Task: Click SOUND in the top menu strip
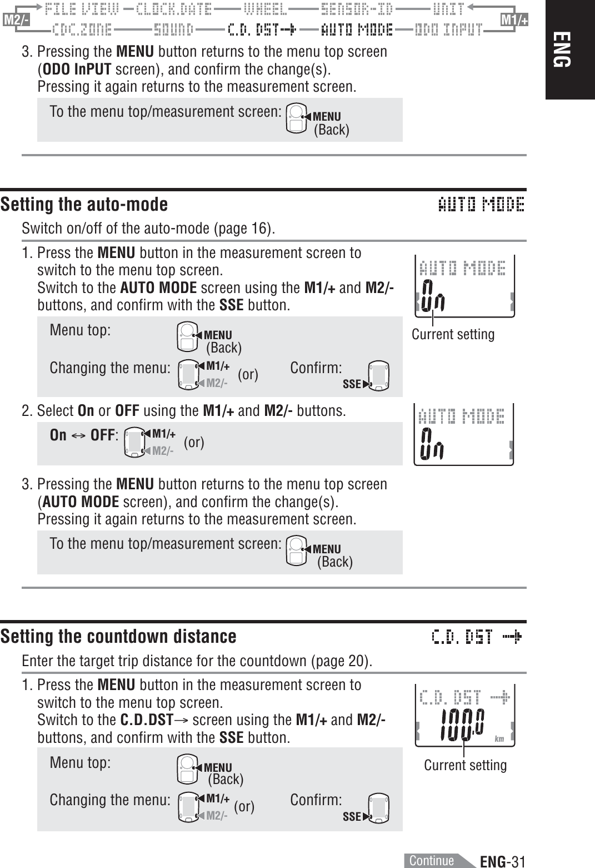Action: click(x=173, y=29)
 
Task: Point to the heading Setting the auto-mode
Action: click(x=84, y=205)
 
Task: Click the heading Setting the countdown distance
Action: click(x=118, y=636)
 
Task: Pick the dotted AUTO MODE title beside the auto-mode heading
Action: click(x=481, y=205)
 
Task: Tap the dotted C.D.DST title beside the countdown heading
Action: click(x=477, y=636)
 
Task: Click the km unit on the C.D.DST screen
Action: click(x=499, y=739)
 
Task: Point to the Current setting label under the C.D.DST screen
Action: click(x=465, y=765)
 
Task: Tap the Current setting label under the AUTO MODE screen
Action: click(x=453, y=334)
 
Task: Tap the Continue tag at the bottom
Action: click(x=432, y=860)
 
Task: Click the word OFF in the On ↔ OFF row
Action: click(x=102, y=435)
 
